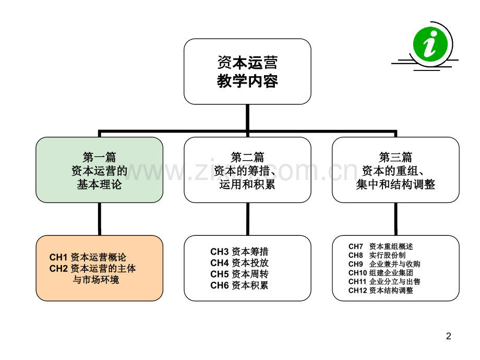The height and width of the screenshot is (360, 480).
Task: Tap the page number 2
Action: pyautogui.click(x=449, y=336)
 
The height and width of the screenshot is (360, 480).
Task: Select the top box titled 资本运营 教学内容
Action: pyautogui.click(x=247, y=71)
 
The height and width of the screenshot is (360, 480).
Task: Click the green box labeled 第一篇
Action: pyautogui.click(x=100, y=170)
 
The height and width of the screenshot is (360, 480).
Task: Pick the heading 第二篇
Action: pyautogui.click(x=247, y=158)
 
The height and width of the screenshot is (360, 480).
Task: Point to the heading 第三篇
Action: pyautogui.click(x=395, y=158)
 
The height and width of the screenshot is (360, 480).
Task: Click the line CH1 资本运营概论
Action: pyautogui.click(x=88, y=257)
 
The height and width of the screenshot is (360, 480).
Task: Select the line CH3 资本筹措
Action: pyautogui.click(x=239, y=251)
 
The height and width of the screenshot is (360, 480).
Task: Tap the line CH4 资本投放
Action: pyautogui.click(x=239, y=262)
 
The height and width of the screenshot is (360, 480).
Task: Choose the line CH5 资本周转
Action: pyautogui.click(x=239, y=274)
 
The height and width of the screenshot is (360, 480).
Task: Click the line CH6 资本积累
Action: pyautogui.click(x=239, y=285)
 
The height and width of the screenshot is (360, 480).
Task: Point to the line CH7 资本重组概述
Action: pyautogui.click(x=380, y=246)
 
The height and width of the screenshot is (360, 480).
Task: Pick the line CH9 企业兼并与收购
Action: pyautogui.click(x=384, y=264)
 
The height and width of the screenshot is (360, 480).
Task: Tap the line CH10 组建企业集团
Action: pyautogui.click(x=380, y=273)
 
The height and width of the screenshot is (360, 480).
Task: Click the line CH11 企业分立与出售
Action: pyautogui.click(x=384, y=281)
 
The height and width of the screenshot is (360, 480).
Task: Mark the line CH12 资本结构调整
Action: pyautogui.click(x=380, y=290)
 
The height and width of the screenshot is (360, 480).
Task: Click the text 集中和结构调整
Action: pyautogui.click(x=395, y=184)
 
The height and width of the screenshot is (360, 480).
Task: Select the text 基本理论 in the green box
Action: pyautogui.click(x=99, y=184)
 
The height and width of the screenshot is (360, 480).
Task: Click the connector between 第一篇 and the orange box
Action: pyautogui.click(x=100, y=219)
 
